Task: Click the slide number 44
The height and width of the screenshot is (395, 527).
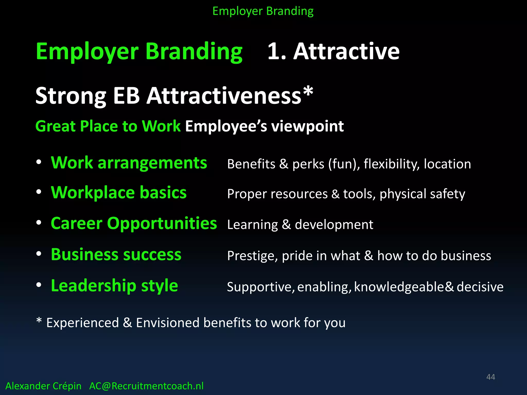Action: click(x=490, y=377)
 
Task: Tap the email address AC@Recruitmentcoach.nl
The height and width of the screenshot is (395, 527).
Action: click(x=146, y=386)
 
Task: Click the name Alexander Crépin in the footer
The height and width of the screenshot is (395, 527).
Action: click(x=43, y=386)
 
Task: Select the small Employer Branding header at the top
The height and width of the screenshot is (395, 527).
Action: click(x=263, y=11)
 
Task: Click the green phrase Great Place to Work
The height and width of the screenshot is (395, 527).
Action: click(x=108, y=126)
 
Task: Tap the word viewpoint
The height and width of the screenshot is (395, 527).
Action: click(x=308, y=127)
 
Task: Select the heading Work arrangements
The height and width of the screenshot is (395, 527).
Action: click(x=129, y=163)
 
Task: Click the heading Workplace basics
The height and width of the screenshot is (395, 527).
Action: click(x=119, y=193)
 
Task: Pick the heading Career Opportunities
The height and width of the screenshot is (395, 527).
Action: click(x=134, y=223)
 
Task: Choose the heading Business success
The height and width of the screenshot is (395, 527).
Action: click(x=116, y=255)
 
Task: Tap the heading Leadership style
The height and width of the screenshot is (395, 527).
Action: click(x=114, y=286)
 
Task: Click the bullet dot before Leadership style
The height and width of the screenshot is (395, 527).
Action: click(x=39, y=285)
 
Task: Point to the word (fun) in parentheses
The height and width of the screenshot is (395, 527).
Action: click(x=344, y=164)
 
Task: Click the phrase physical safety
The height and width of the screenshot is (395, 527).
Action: click(x=422, y=194)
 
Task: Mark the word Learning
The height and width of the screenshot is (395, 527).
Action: click(x=252, y=225)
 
